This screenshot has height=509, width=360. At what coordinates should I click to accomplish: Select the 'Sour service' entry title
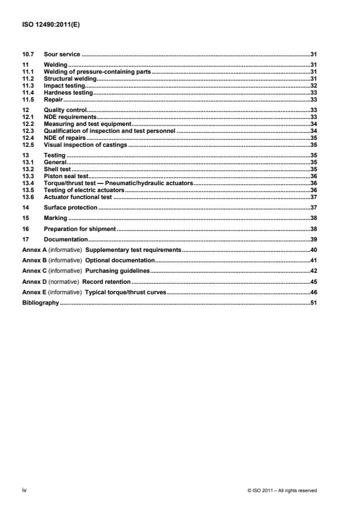62,54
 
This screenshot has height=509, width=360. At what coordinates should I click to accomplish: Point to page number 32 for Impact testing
312,85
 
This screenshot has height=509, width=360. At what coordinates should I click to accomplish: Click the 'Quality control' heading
65,110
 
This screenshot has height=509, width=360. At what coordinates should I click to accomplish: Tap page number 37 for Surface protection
312,207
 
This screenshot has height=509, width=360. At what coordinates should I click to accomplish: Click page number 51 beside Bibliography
312,302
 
